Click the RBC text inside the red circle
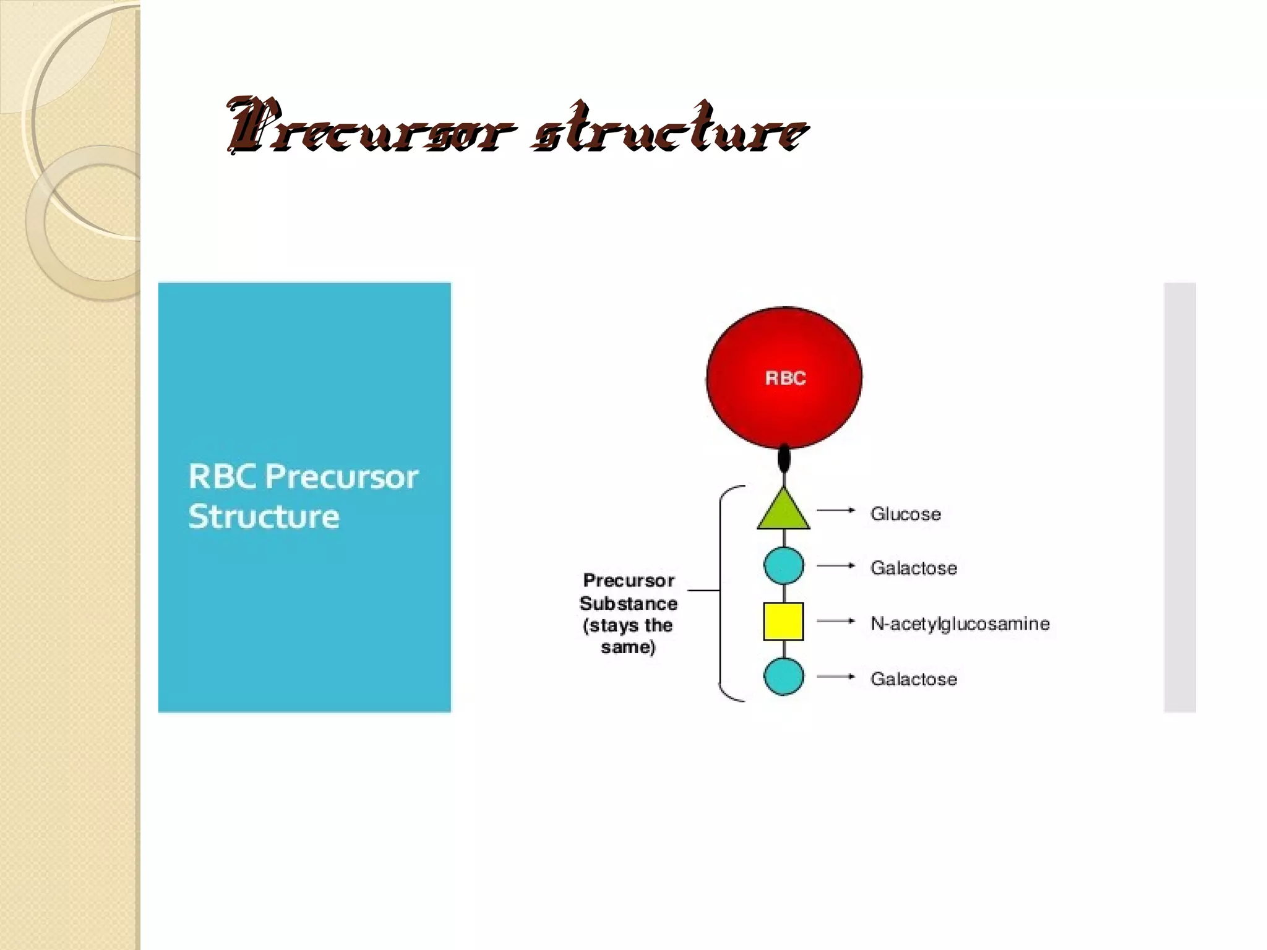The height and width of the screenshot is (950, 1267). point(785,378)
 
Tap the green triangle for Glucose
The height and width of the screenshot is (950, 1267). point(783,512)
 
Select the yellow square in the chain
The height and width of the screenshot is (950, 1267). point(783,621)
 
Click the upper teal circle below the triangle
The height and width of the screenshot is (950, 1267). point(784,565)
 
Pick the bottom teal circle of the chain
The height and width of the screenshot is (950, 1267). point(784,677)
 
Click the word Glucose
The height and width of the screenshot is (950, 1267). point(905,514)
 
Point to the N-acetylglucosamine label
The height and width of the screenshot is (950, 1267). point(960,623)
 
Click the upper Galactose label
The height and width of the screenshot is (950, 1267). point(913,568)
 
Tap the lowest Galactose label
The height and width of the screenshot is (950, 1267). point(913,679)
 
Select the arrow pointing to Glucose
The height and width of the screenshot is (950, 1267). point(836,510)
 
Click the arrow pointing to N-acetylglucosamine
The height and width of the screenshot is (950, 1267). point(836,621)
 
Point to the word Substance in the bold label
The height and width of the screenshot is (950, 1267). point(628,603)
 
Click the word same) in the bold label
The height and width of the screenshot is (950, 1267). point(628,648)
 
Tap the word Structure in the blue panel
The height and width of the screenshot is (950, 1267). point(264,516)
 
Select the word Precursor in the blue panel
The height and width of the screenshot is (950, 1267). point(341,477)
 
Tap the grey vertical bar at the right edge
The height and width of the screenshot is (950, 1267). point(1179,497)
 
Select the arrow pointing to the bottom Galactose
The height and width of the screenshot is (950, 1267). point(836,677)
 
